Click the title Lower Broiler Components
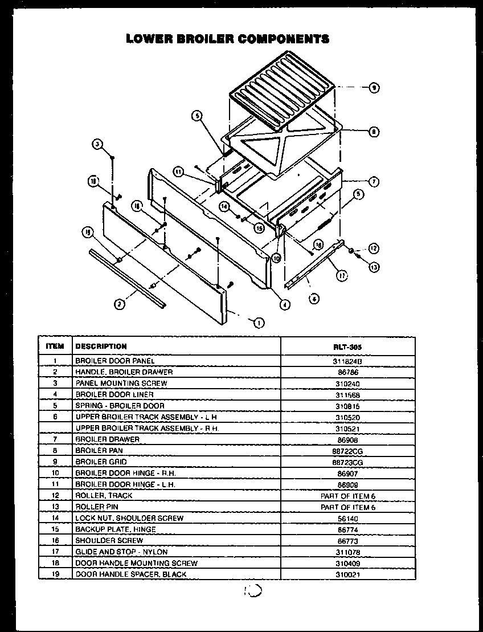pyautogui.click(x=228, y=39)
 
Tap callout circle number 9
pyautogui.click(x=374, y=87)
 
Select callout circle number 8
pyautogui.click(x=374, y=132)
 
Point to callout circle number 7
pyautogui.click(x=374, y=182)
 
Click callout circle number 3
pyautogui.click(x=97, y=144)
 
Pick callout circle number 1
pyautogui.click(x=259, y=323)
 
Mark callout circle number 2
pyautogui.click(x=119, y=304)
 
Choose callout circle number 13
pyautogui.click(x=374, y=266)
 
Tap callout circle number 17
pyautogui.click(x=342, y=275)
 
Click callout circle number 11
pyautogui.click(x=178, y=172)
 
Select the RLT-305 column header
pyautogui.click(x=348, y=346)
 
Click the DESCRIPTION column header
pyautogui.click(x=101, y=346)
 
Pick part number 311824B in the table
pyautogui.click(x=348, y=361)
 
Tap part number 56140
pyautogui.click(x=348, y=518)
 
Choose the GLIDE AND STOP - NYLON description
pyautogui.click(x=121, y=552)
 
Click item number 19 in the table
pyautogui.click(x=55, y=574)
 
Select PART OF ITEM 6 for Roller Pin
pyautogui.click(x=348, y=507)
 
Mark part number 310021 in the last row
pyautogui.click(x=348, y=574)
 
